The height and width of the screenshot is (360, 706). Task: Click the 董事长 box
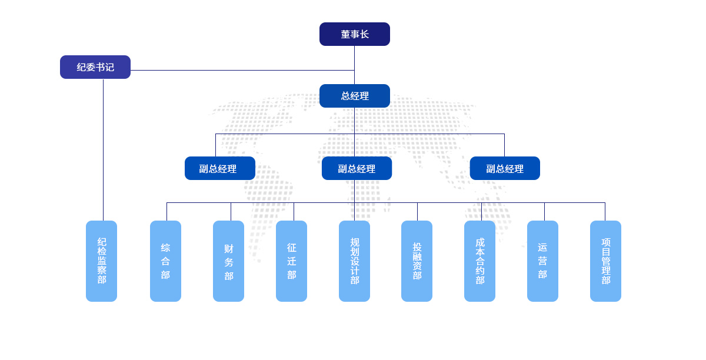pyautogui.click(x=354, y=34)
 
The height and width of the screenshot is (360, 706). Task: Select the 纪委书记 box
pyautogui.click(x=95, y=67)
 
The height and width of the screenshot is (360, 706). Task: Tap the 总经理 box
pyautogui.click(x=354, y=96)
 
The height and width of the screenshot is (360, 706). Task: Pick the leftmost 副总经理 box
pyautogui.click(x=219, y=168)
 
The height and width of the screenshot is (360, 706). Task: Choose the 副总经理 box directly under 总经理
pyautogui.click(x=357, y=168)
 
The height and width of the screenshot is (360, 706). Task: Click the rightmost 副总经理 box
pyautogui.click(x=504, y=168)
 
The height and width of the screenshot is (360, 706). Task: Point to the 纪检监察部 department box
pyautogui.click(x=101, y=261)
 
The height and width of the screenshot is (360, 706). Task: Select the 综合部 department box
pyautogui.click(x=165, y=261)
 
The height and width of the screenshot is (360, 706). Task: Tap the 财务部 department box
pyautogui.click(x=228, y=261)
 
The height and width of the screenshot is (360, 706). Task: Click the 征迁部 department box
pyautogui.click(x=291, y=261)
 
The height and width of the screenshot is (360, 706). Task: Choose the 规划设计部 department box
pyautogui.click(x=354, y=261)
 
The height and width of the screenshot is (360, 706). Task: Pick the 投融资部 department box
pyautogui.click(x=417, y=261)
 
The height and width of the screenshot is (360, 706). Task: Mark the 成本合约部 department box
pyautogui.click(x=479, y=261)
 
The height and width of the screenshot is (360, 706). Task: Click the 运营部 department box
pyautogui.click(x=542, y=261)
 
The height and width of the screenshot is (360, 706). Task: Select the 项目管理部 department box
pyautogui.click(x=605, y=261)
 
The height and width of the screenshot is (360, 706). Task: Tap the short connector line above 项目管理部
pyautogui.click(x=605, y=212)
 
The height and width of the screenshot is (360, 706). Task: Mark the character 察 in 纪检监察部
pyautogui.click(x=102, y=270)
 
